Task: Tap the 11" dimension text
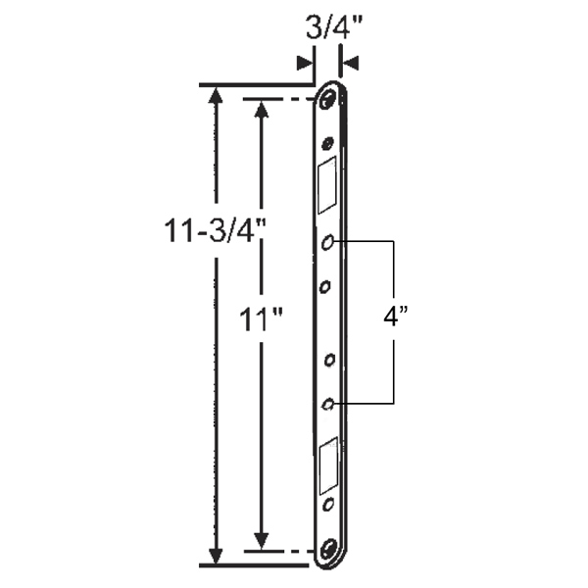(x=260, y=319)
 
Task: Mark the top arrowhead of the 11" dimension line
(x=261, y=108)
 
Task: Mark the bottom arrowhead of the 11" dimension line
(x=261, y=541)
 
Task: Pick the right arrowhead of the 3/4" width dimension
(x=349, y=62)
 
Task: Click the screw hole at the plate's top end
(x=330, y=100)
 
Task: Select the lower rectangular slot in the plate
(x=328, y=465)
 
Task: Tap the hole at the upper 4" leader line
(x=328, y=241)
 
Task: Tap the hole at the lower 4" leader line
(x=328, y=403)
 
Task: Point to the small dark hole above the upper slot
(x=328, y=143)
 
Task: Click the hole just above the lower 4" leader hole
(x=328, y=361)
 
